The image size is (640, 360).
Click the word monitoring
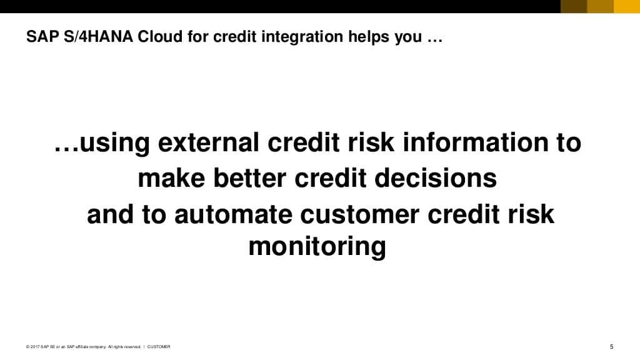[317, 247]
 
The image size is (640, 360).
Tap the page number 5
[611, 347]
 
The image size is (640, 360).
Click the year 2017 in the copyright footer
[35, 347]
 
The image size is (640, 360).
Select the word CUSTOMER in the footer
[159, 347]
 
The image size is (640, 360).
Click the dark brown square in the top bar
[573, 6]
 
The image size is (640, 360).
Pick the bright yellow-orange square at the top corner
[627, 6]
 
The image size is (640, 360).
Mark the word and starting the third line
[109, 214]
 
